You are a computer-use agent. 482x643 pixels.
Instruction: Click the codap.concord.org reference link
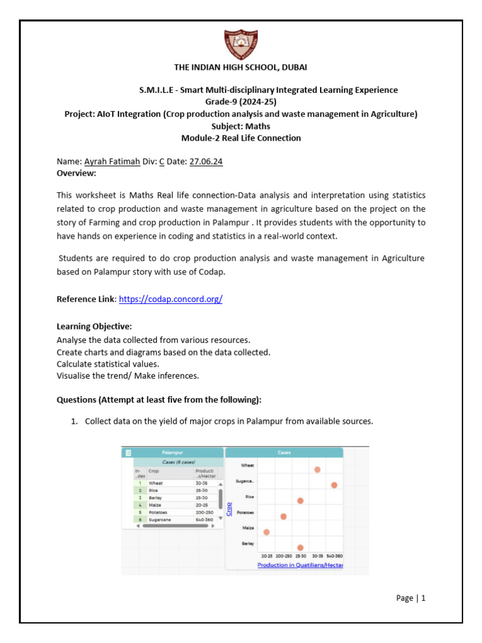171,300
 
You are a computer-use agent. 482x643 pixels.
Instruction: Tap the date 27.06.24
206,161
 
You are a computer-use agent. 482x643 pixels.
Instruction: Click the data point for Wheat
318,470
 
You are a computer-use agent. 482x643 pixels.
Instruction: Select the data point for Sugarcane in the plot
334,485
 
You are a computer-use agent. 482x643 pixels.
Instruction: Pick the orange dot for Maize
267,532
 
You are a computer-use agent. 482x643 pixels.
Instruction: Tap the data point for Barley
301,548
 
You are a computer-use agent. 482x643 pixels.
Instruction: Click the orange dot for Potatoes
284,516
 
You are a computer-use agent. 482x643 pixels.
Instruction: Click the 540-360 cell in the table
205,520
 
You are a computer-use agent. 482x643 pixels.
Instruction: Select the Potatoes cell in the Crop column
159,512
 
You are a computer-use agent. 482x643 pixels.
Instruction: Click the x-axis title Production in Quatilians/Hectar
300,565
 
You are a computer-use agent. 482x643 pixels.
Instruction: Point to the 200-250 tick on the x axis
284,556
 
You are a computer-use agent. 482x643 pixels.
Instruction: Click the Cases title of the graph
284,452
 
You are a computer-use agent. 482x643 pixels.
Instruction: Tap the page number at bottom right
411,598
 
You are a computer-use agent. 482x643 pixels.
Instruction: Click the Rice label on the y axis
249,497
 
